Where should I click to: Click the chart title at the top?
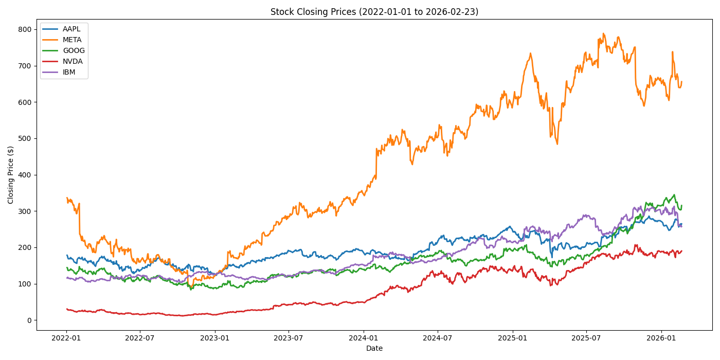374,12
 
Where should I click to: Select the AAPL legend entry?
71,29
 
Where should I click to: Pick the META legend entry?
72,40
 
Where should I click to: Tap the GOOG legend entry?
74,51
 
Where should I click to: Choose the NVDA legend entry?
73,62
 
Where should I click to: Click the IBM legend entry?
69,73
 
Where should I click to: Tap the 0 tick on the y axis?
29,320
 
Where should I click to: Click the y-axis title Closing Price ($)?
11,175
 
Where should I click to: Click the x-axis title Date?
374,349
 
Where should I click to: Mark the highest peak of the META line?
603,34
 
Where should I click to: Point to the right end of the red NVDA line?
682,251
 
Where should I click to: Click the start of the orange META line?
67,198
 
